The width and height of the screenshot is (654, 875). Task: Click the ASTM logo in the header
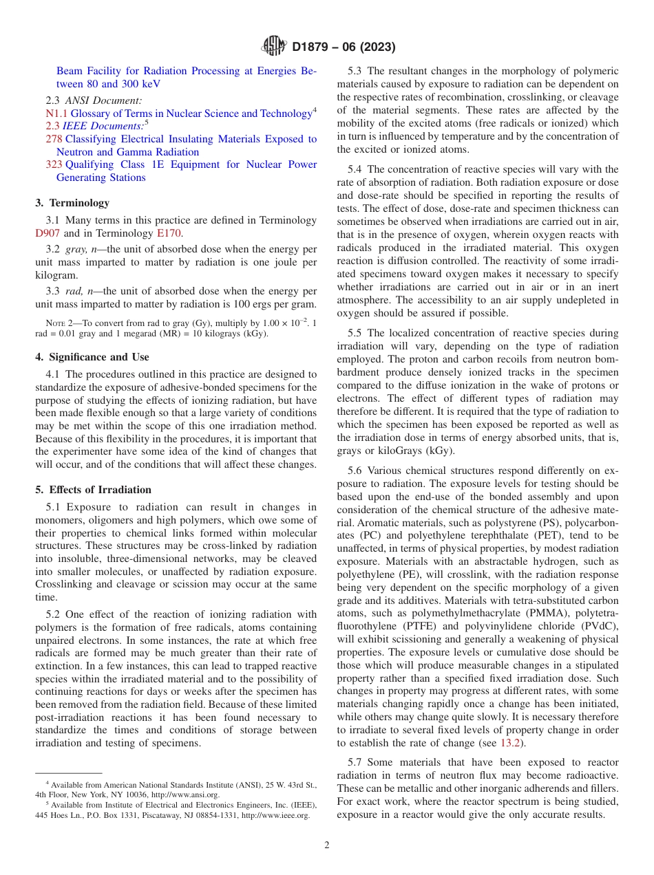click(x=274, y=47)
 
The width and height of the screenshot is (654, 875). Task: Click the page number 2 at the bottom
click(x=327, y=845)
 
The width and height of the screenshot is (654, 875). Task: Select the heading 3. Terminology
click(x=72, y=203)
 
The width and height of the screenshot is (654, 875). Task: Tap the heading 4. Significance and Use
click(x=92, y=357)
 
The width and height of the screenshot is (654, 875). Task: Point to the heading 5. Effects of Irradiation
click(x=93, y=490)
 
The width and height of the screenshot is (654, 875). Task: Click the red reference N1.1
click(x=56, y=114)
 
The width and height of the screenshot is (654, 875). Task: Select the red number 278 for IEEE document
click(x=54, y=139)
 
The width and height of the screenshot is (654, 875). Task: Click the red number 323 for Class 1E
click(x=54, y=164)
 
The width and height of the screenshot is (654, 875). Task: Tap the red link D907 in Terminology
click(x=48, y=233)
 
